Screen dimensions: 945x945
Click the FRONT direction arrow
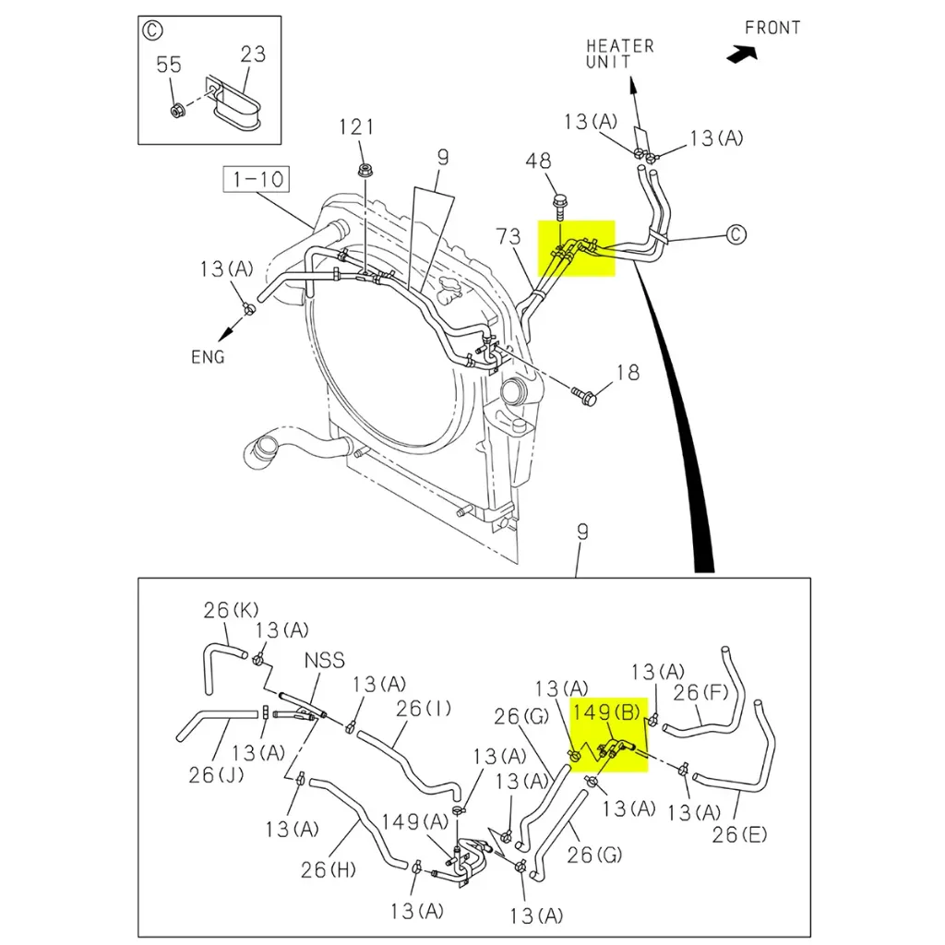pos(740,55)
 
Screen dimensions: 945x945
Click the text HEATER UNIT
pos(620,54)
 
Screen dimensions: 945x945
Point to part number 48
pos(539,161)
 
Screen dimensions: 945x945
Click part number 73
pos(508,237)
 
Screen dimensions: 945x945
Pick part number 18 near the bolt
pos(628,373)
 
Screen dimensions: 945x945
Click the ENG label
pos(208,357)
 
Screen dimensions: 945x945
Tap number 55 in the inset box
pos(168,65)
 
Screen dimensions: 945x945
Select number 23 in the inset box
pos(253,54)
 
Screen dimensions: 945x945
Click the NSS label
pos(324,661)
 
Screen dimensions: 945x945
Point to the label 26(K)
pos(231,610)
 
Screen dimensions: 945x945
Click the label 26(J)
pos(216,774)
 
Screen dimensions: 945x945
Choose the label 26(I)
pos(424,709)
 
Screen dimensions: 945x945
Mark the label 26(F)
pos(701,692)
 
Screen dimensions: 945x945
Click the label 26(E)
pos(738,835)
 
